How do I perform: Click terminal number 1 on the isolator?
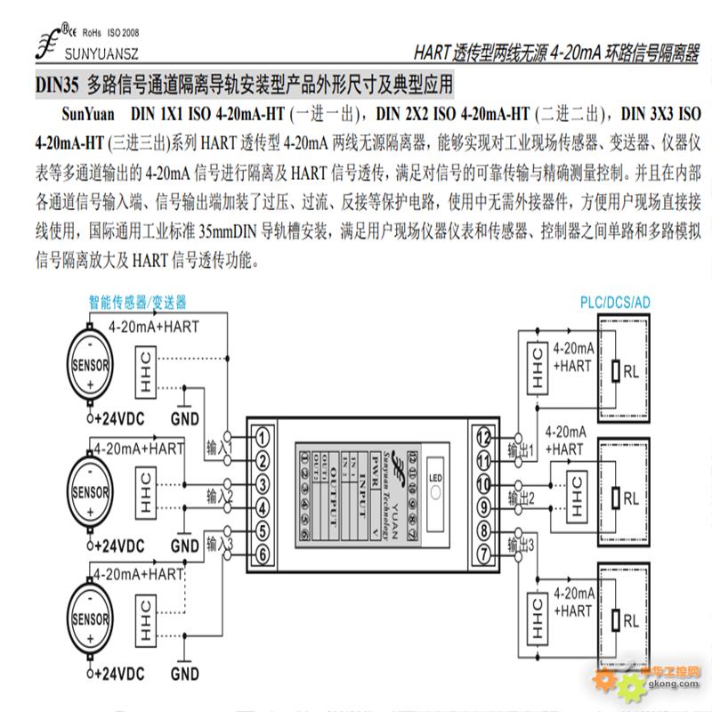264,437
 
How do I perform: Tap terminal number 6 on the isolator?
264,554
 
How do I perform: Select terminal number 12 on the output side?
483,437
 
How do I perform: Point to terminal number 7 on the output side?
483,554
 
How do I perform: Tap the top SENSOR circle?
91,366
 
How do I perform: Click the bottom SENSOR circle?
91,616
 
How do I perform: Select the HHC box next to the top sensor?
145,370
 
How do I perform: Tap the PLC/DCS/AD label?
615,303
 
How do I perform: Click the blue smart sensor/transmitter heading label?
138,302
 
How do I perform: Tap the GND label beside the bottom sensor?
185,674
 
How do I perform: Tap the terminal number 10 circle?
483,484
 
